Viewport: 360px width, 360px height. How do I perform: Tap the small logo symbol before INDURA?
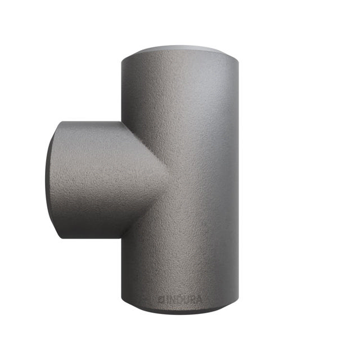pos(161,299)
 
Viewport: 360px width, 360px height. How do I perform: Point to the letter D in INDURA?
pos(175,299)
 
